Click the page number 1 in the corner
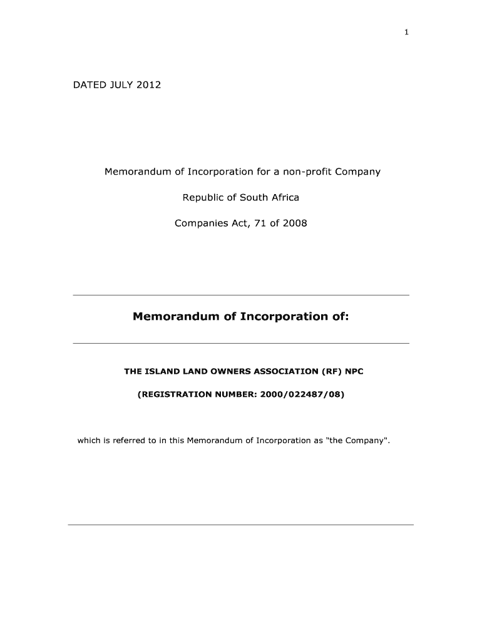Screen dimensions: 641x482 pyautogui.click(x=406, y=33)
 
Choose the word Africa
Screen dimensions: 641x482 pyautogui.click(x=285, y=197)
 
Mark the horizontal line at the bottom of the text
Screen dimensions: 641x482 pyautogui.click(x=240, y=525)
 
